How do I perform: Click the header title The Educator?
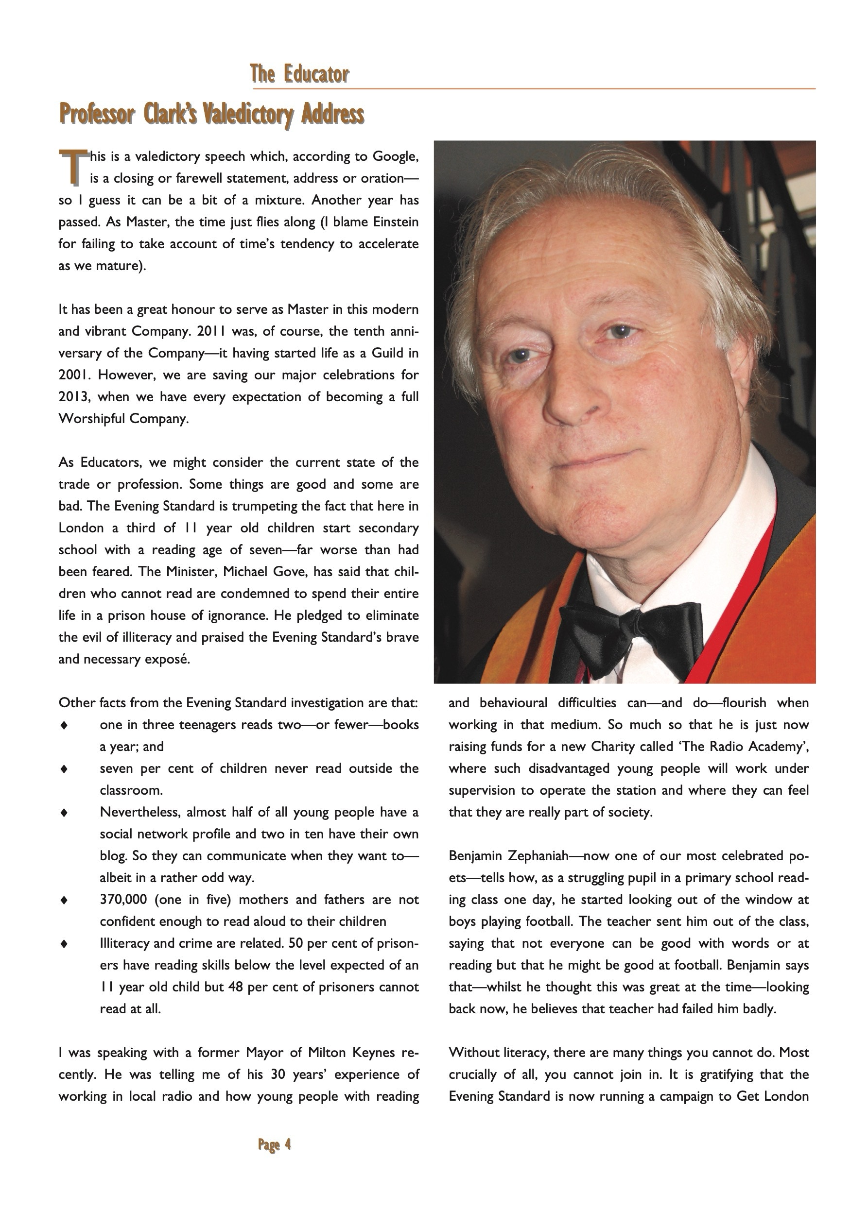point(299,74)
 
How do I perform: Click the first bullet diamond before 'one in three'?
point(64,725)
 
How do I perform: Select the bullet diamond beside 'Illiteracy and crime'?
point(64,944)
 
